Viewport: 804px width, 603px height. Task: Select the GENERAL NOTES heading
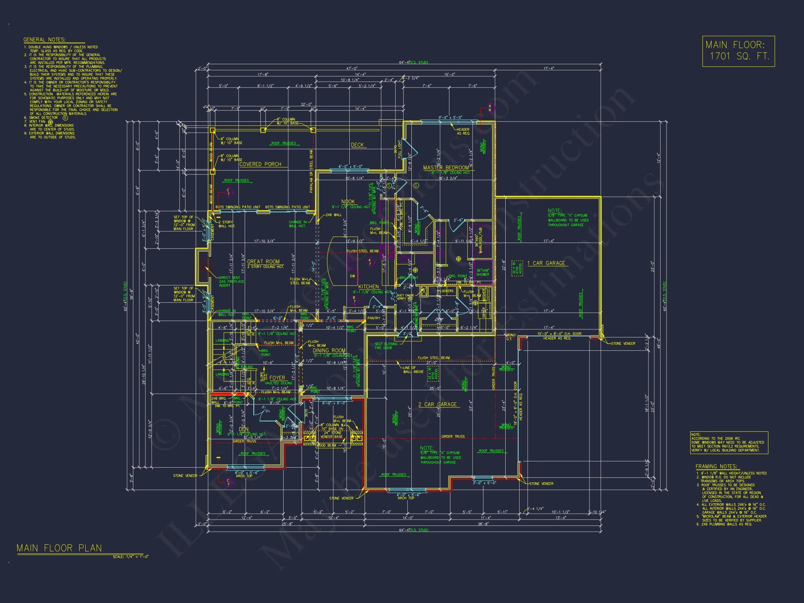[44, 40]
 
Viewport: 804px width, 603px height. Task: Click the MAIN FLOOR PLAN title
[59, 548]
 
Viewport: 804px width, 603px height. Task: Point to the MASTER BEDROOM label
[446, 167]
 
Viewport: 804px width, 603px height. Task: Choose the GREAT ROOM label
[263, 262]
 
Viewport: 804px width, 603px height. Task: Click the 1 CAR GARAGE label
[546, 263]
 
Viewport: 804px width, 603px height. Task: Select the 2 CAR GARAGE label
[437, 404]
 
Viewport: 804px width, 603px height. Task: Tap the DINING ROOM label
[329, 350]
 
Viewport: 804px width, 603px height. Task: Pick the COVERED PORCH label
[260, 164]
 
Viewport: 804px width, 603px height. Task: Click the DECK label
[357, 145]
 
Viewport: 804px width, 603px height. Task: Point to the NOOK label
[348, 202]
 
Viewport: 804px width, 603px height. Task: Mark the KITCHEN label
[368, 287]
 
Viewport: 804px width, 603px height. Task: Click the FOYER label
[277, 378]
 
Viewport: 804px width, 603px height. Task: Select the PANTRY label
[374, 318]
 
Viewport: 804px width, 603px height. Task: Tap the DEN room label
[244, 429]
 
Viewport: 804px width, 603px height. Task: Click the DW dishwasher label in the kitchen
[352, 276]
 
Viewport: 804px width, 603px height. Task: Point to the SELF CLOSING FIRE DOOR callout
[386, 346]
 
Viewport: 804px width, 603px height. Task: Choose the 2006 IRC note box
[729, 442]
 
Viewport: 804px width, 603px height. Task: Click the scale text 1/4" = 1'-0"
[131, 557]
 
